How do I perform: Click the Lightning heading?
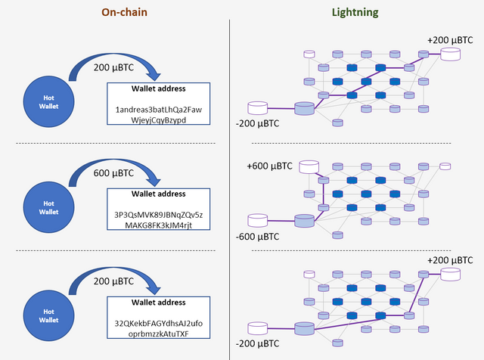coord(351,13)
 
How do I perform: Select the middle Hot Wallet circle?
coord(48,207)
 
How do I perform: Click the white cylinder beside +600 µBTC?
coord(309,165)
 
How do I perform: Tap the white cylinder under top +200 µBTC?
coord(451,54)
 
